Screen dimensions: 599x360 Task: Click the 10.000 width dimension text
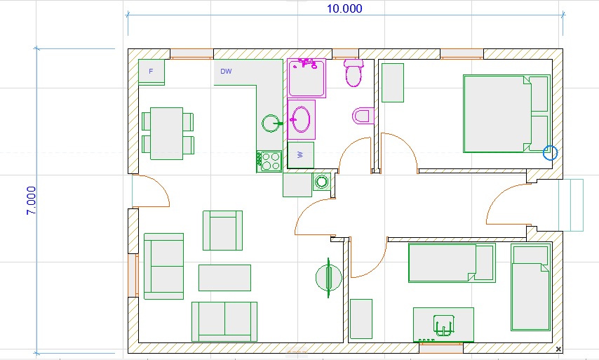pos(344,8)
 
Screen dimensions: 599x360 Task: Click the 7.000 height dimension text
pos(31,201)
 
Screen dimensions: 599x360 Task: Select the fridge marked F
pos(152,72)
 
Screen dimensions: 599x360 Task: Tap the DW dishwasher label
pos(226,71)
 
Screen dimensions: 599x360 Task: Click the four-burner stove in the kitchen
pos(269,161)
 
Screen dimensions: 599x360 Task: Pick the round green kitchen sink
pos(271,124)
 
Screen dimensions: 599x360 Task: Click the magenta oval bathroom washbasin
pos(301,119)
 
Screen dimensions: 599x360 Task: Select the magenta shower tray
pos(307,78)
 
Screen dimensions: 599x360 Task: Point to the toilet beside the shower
pos(354,72)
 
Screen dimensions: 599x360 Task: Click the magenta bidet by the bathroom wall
pos(363,116)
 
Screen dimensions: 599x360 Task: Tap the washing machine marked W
pos(301,155)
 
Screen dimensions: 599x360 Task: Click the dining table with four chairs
pos(168,133)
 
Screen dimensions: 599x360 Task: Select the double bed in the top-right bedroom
pos(506,114)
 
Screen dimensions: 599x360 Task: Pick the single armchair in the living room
pos(223,230)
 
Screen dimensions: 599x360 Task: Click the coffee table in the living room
pos(224,278)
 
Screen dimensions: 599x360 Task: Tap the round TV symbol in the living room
pos(328,278)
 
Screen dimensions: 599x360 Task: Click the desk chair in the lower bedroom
pos(443,326)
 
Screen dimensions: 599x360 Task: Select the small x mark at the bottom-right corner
pos(558,349)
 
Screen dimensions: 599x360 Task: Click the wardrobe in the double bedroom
pos(393,83)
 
